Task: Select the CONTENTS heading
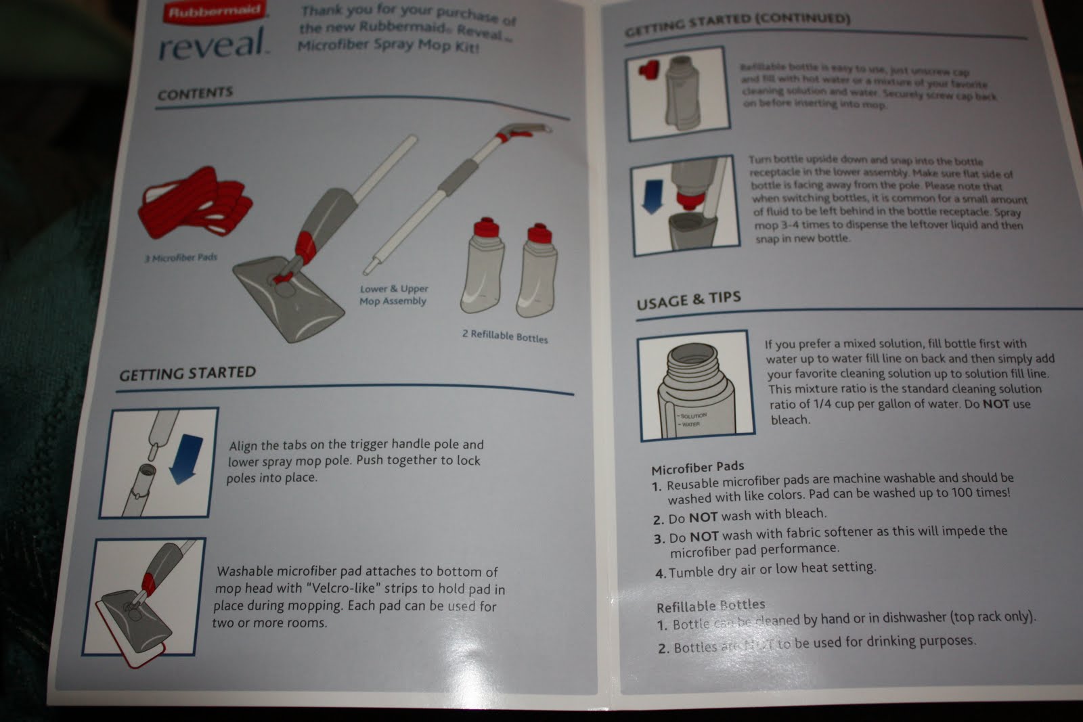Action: tap(195, 93)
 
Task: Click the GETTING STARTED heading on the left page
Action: tap(187, 374)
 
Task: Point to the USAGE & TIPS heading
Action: tap(688, 300)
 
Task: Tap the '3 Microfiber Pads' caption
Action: tap(180, 258)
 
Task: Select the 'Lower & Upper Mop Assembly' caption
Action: tap(393, 295)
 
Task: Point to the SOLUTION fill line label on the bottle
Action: tap(693, 415)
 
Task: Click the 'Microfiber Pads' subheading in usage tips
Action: tap(697, 468)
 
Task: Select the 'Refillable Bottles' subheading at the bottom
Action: tap(711, 606)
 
